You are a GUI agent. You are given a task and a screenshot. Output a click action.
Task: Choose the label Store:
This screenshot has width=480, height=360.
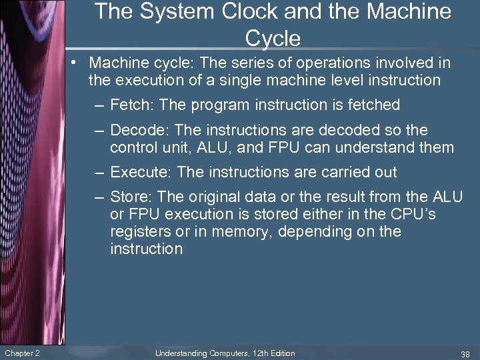131,197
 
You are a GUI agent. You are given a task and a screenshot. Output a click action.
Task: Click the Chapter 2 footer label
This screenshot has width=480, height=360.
22,353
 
